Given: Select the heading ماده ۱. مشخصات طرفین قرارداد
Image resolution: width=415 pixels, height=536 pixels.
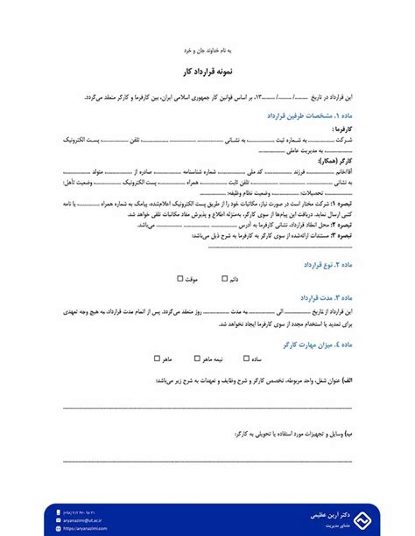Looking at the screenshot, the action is [x=305, y=115].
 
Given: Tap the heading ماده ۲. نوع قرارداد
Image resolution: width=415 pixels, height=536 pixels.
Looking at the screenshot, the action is [x=326, y=263].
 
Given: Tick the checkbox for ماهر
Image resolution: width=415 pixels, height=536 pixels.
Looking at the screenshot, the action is [x=158, y=358].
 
